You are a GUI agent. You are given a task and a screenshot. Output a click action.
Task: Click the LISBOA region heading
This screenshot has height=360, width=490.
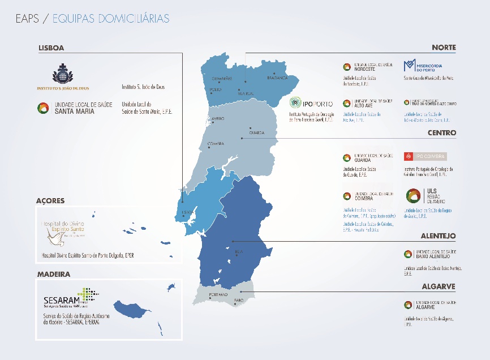(51, 48)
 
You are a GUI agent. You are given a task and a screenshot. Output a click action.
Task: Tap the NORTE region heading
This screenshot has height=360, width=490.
(443, 48)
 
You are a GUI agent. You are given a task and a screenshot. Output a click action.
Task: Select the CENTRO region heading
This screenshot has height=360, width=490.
(441, 133)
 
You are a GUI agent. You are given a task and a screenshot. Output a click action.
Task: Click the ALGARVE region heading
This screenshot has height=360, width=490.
(439, 287)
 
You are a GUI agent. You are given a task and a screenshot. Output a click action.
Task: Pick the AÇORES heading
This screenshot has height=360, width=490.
(50, 201)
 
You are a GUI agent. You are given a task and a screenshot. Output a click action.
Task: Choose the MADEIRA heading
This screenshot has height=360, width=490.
(54, 274)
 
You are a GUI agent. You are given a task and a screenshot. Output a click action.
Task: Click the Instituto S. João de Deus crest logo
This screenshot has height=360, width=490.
(62, 77)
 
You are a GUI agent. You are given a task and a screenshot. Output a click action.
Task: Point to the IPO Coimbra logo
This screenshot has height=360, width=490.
(425, 156)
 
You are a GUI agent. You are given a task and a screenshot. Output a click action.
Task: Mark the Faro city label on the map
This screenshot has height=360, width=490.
(238, 300)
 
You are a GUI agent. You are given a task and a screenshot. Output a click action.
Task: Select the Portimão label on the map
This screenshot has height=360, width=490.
(218, 295)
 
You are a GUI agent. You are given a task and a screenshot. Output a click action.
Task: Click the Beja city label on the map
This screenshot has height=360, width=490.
(238, 251)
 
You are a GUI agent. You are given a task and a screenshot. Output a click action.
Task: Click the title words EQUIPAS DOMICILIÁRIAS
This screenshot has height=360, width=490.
(110, 19)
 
